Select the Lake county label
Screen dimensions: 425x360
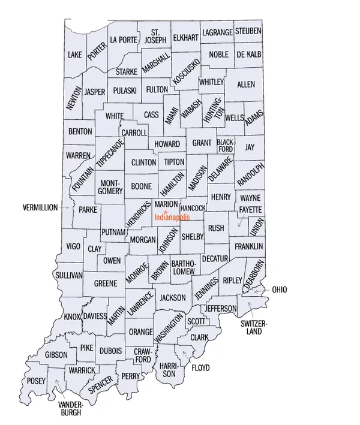[75, 55]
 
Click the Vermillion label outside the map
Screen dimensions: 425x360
[40, 207]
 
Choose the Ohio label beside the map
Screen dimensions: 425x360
[280, 290]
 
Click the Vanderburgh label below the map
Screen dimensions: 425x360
[70, 408]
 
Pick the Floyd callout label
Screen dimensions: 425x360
[201, 367]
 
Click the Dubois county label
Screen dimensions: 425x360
[111, 351]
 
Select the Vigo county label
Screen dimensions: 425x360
[73, 246]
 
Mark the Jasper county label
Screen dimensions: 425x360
[95, 92]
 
